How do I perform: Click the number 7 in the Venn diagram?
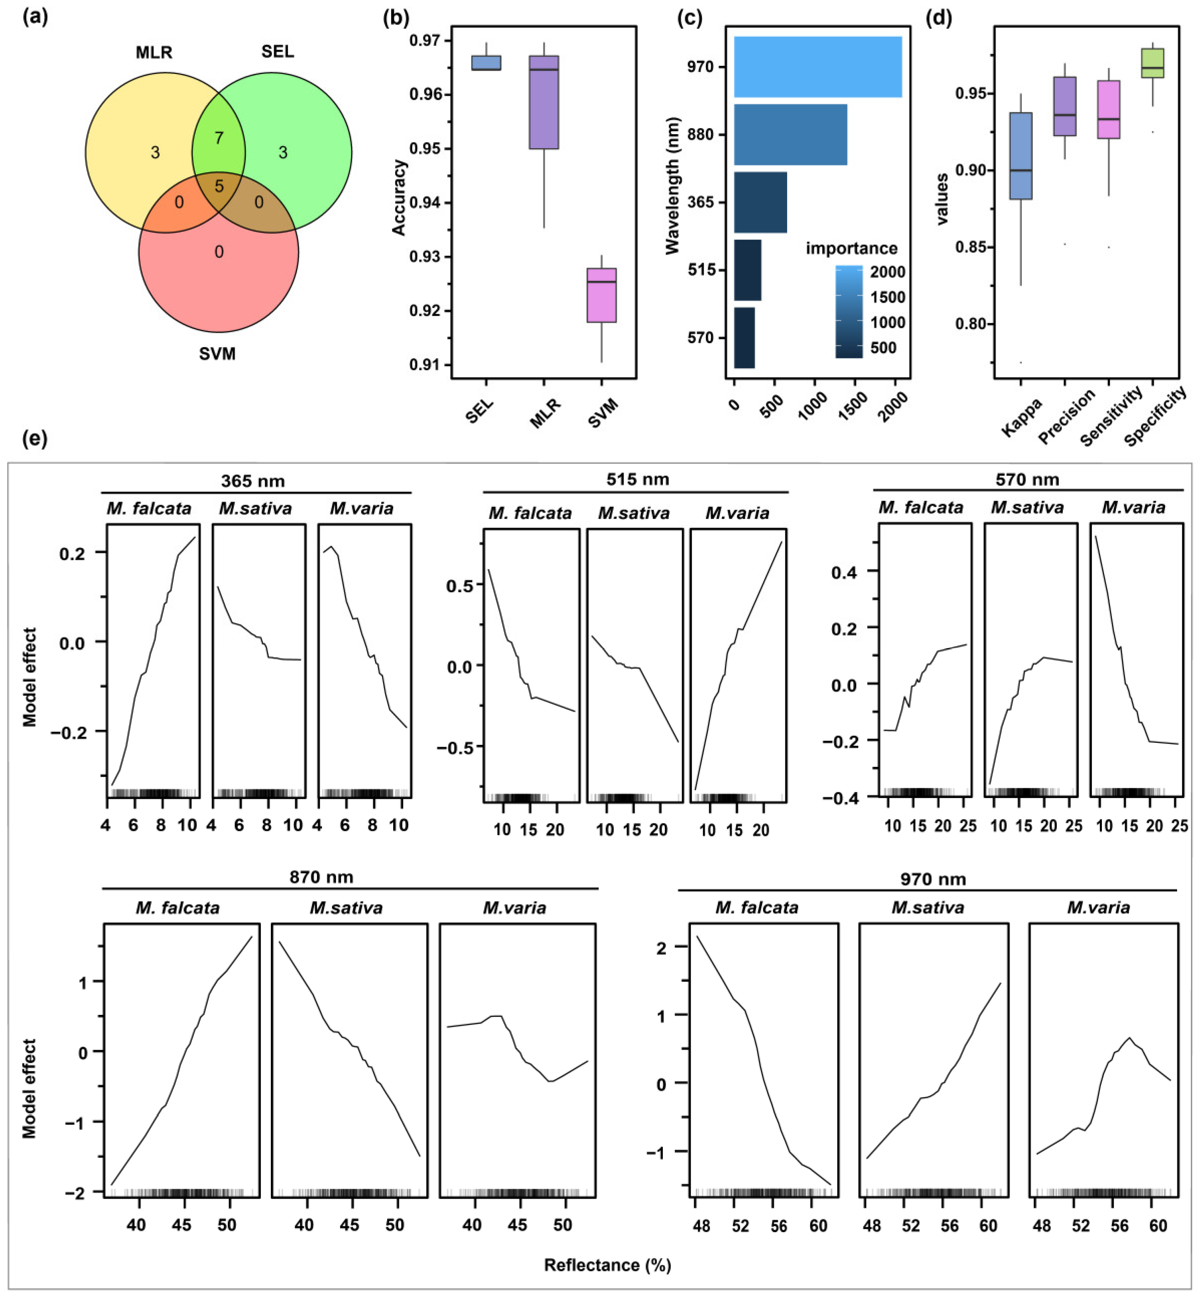click(219, 138)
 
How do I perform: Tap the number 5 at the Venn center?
click(219, 187)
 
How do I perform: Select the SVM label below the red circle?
click(217, 354)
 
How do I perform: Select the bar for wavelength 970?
click(817, 67)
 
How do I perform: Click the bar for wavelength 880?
click(790, 135)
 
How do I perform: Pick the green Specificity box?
click(1152, 64)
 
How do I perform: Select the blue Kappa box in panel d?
click(1021, 156)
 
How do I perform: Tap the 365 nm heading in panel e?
click(253, 481)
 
